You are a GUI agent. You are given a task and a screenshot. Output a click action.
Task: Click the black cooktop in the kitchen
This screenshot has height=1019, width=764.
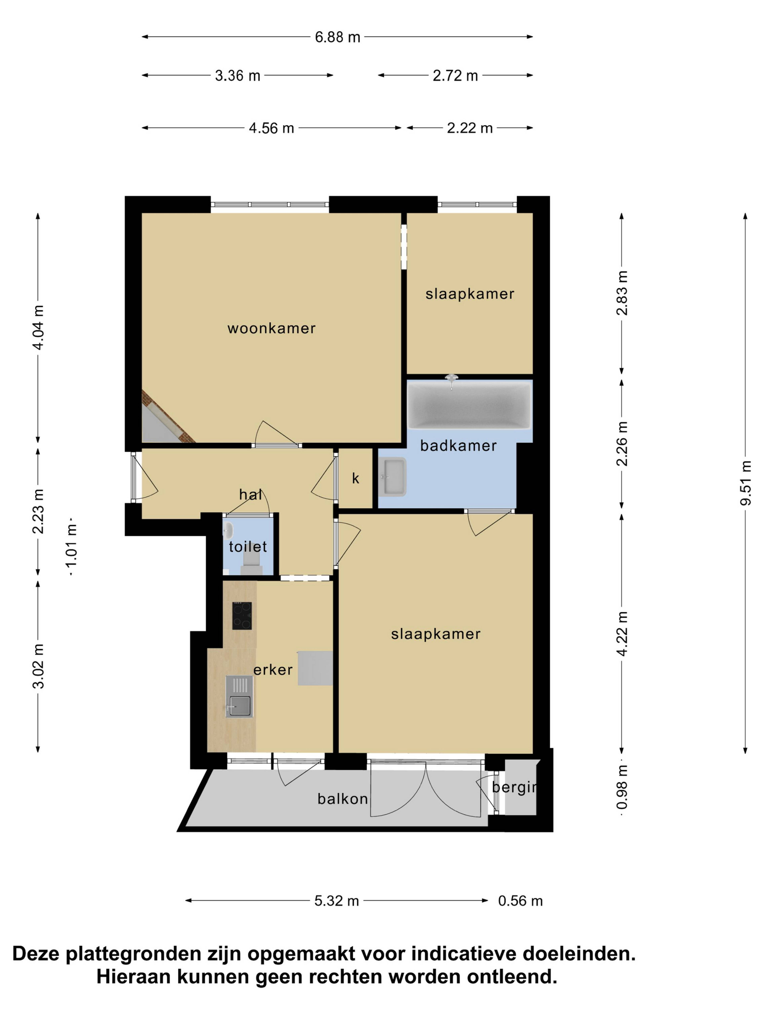click(242, 615)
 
